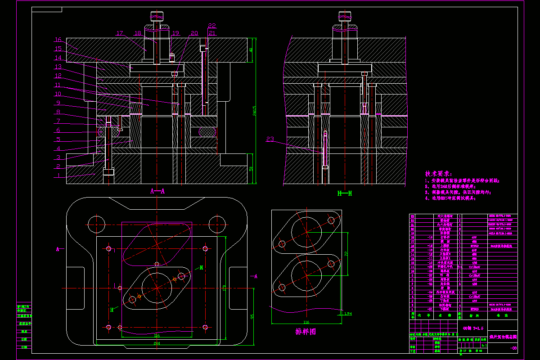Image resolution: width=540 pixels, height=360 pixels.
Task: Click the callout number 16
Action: pos(58,40)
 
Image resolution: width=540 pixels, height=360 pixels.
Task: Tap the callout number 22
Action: pos(212,26)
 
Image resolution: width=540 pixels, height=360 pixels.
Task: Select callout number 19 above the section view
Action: pos(175,33)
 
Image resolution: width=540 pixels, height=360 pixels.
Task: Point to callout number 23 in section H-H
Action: pos(270,139)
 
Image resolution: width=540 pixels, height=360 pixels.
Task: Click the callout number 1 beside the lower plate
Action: pos(58,176)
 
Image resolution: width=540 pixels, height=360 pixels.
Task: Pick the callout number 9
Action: pos(58,103)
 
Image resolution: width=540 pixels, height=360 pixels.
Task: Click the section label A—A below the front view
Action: pos(157,191)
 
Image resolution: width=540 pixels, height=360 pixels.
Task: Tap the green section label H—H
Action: pos(344,193)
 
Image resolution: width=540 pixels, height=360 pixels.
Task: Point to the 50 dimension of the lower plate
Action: pos(252,168)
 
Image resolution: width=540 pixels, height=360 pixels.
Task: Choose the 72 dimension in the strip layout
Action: pos(346,254)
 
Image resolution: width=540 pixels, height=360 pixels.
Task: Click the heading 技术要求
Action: pos(439,174)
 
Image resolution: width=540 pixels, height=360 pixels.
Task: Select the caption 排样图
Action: pos(306,332)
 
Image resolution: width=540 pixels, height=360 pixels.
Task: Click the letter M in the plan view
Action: pos(202,267)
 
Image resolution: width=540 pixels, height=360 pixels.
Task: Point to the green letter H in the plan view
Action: pos(112,310)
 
